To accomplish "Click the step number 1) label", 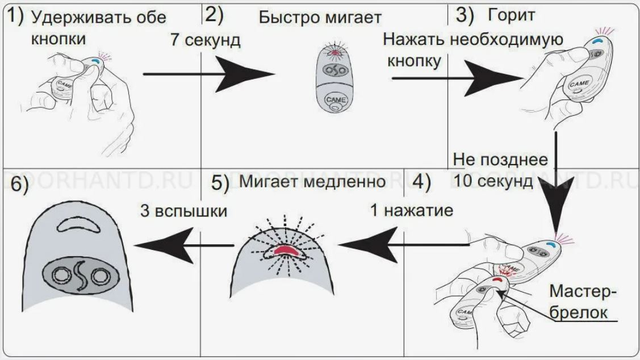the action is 15,16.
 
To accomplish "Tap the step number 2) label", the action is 215,15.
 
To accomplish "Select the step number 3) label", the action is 465,15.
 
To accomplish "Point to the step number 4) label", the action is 421,182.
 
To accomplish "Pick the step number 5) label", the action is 220,182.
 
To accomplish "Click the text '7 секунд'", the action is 206,40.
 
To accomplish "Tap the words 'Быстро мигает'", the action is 320,18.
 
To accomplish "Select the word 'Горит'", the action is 511,15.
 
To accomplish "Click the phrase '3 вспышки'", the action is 183,211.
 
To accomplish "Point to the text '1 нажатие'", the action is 411,210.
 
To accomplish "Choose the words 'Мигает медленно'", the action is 312,181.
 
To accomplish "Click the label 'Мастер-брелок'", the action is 583,302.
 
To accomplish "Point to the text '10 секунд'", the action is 493,181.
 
